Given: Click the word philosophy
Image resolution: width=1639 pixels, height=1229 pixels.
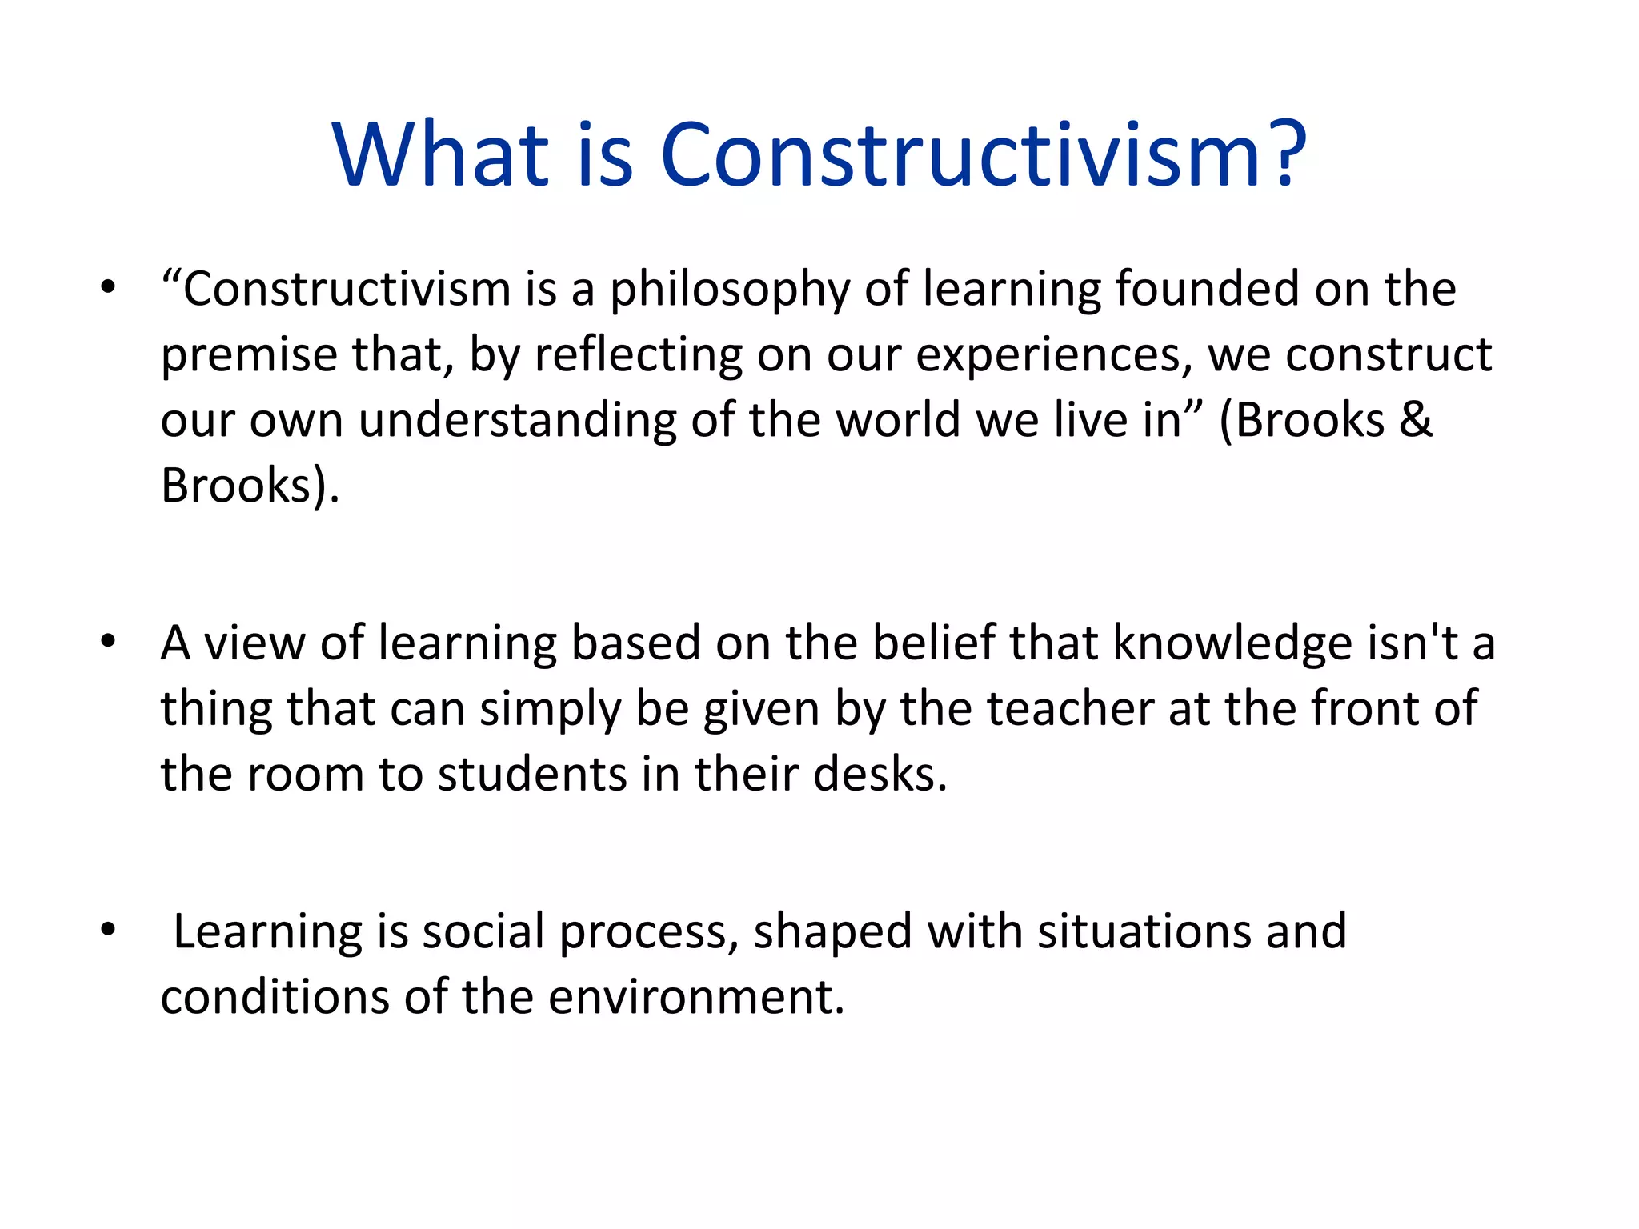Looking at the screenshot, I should pyautogui.click(x=729, y=290).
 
